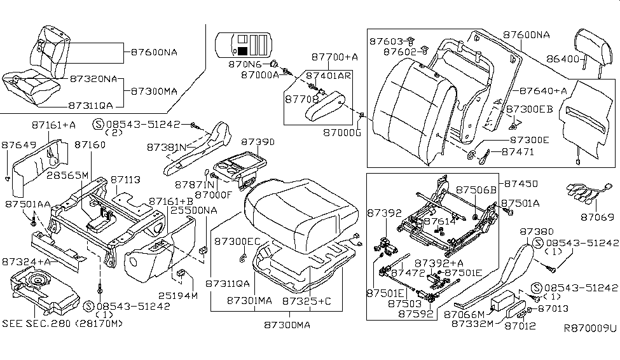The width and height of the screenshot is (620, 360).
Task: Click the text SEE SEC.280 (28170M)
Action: point(62,323)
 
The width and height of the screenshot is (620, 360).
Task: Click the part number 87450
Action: point(521,183)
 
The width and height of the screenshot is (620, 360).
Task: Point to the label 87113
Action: point(125,181)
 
